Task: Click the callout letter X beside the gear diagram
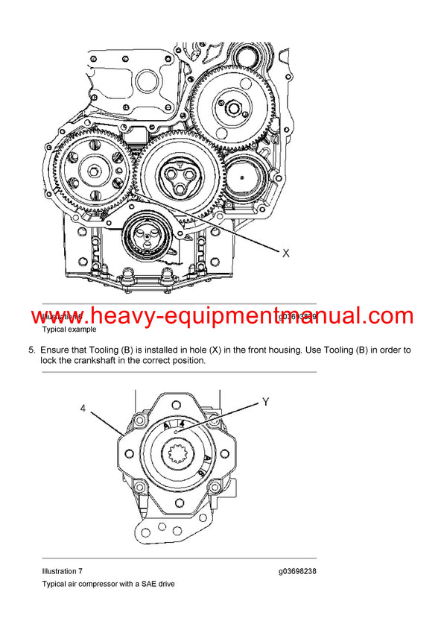285,253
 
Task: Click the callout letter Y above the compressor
264,402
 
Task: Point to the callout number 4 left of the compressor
84,408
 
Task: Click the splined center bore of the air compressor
180,454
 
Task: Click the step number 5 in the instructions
31,350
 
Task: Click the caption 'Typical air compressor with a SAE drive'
108,584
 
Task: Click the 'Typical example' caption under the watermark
69,329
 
